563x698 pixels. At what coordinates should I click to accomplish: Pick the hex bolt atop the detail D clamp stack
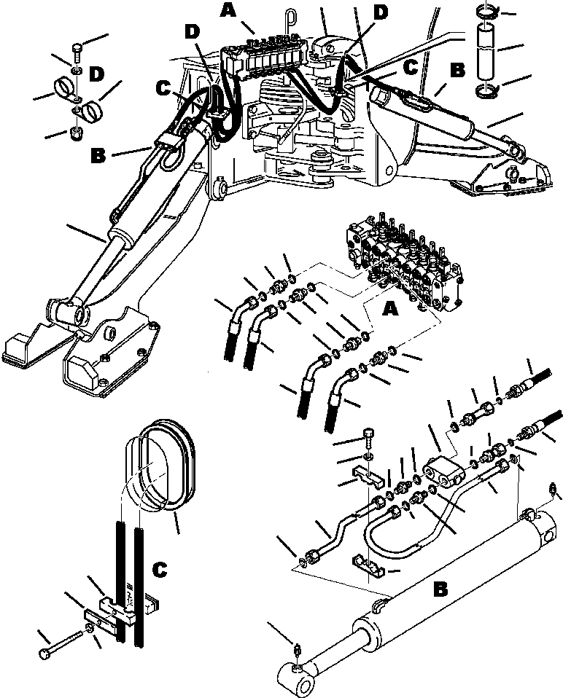(77, 51)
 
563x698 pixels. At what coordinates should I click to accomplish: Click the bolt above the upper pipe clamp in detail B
(368, 439)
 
